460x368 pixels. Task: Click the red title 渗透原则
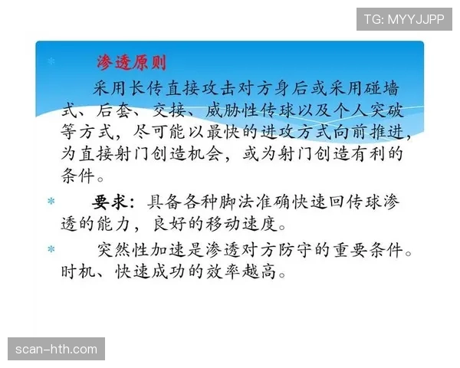coord(130,61)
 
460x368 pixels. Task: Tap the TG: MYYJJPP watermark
coord(404,18)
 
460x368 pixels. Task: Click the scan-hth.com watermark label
coord(58,350)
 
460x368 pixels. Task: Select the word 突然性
coord(128,251)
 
